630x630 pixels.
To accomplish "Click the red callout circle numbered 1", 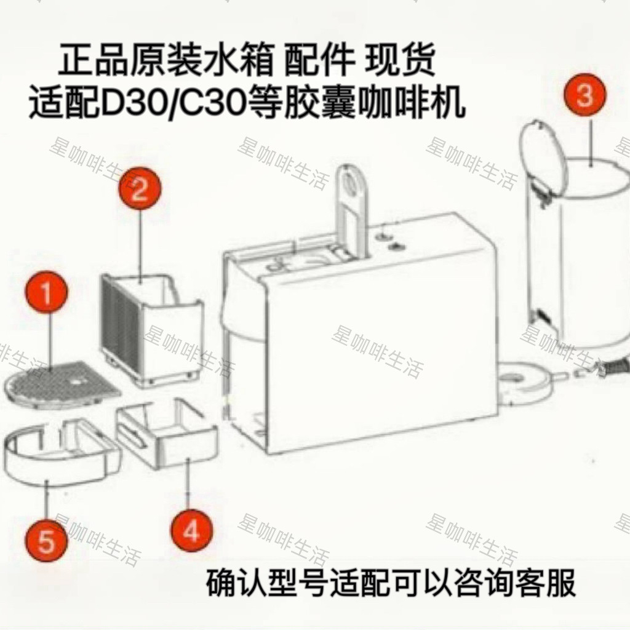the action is point(46,295).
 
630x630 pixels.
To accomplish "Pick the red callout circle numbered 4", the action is point(192,530).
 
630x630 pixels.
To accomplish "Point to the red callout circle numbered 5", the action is point(47,543).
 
